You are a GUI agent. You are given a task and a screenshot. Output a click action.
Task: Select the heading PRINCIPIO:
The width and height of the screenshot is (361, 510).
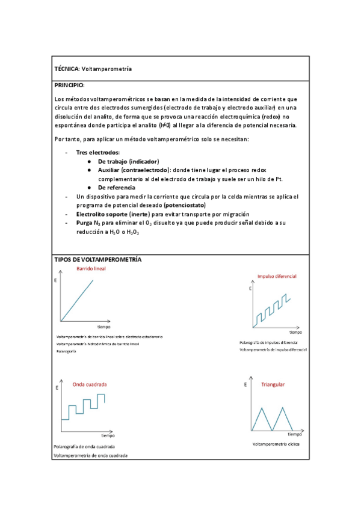[x=70, y=86]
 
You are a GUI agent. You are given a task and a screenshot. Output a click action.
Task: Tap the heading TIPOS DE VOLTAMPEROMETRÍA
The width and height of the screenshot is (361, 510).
[x=97, y=259]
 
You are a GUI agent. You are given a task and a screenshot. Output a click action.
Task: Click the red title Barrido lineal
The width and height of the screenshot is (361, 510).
[x=91, y=269]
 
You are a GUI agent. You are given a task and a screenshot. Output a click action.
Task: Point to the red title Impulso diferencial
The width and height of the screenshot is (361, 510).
[x=276, y=277]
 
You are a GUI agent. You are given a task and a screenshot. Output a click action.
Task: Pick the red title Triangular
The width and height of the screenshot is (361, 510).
[x=273, y=384]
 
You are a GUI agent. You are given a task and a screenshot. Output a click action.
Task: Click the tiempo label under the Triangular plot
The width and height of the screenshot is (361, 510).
[x=294, y=434]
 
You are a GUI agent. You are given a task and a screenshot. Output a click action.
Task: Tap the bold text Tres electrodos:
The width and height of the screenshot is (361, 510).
[x=97, y=153]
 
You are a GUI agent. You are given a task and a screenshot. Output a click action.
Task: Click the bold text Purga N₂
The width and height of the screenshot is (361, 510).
[x=88, y=223]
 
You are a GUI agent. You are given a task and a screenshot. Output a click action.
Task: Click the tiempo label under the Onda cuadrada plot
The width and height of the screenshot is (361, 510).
[x=108, y=435]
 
